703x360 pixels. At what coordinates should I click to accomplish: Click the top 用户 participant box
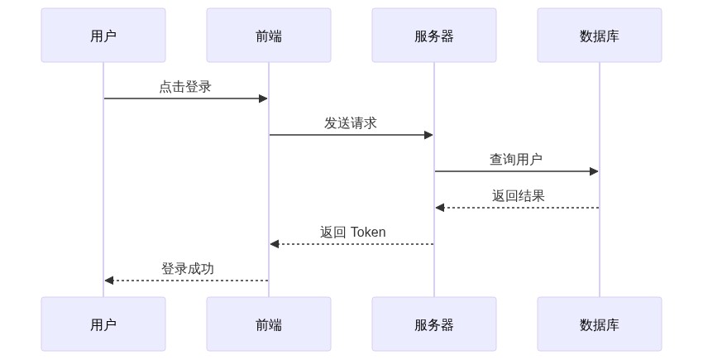point(103,36)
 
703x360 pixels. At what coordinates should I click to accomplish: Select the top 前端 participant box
point(269,36)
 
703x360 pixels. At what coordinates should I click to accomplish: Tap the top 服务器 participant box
point(434,36)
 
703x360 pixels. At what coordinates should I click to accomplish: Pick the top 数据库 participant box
point(600,36)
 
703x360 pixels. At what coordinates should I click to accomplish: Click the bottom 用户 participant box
point(103,324)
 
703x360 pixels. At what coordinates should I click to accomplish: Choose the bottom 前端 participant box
point(269,324)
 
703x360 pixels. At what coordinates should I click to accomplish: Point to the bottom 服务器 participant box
point(434,324)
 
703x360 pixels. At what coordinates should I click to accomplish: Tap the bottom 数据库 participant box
point(600,324)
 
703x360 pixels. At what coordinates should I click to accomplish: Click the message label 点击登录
point(185,87)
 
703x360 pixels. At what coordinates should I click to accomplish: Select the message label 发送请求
point(351,123)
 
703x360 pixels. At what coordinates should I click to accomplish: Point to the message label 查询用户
point(516,160)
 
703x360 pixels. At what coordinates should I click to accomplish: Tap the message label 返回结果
point(519,196)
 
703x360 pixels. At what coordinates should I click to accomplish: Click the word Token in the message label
point(368,233)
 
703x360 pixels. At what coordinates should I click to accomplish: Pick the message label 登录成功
point(188,269)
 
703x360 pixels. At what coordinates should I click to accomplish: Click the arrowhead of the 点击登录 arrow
point(263,98)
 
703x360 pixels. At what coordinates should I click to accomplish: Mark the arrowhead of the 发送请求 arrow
point(428,135)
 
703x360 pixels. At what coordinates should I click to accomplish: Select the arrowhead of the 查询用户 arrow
point(594,171)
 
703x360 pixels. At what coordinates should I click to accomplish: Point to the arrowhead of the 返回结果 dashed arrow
point(440,208)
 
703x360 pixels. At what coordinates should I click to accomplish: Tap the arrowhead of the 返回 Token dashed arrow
point(275,244)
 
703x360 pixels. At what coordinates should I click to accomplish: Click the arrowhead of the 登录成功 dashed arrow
point(109,281)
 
